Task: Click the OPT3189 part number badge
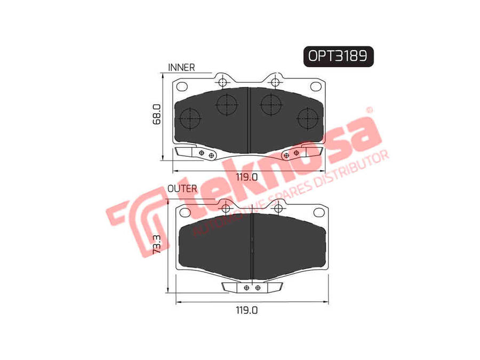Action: [338, 57]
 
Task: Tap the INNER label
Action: [181, 67]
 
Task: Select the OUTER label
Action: [182, 189]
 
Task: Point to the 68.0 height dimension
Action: [157, 114]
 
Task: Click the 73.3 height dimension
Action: [156, 244]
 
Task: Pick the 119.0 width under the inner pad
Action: [247, 177]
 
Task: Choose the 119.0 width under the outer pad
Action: [247, 310]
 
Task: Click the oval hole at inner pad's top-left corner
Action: [182, 86]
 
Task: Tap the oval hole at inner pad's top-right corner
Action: [316, 86]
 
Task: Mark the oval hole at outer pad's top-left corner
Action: [185, 212]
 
